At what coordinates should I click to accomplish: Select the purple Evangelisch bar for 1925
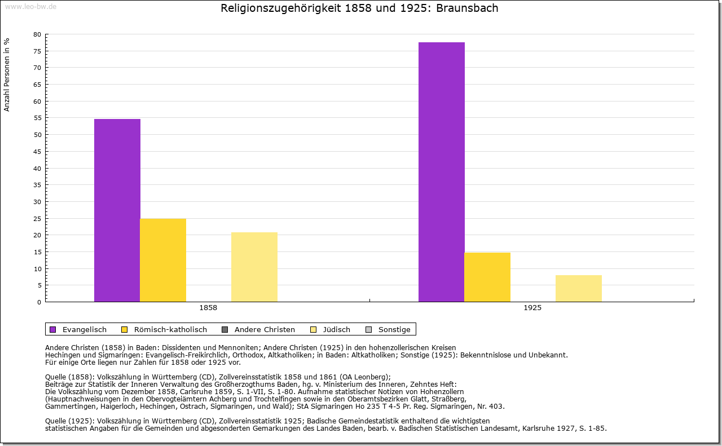click(442, 172)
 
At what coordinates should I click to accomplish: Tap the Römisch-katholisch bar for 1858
click(163, 260)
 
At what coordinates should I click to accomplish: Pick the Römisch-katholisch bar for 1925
click(487, 277)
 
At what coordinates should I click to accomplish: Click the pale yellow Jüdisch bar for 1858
click(254, 267)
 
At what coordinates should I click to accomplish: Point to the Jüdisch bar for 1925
click(579, 288)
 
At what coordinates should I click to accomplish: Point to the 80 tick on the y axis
click(37, 34)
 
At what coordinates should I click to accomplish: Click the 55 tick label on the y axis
click(37, 118)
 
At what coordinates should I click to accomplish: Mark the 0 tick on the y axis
click(39, 302)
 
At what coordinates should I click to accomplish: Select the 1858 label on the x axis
click(208, 308)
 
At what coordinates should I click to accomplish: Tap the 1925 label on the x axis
click(532, 308)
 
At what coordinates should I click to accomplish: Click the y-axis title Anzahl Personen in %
click(7, 74)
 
